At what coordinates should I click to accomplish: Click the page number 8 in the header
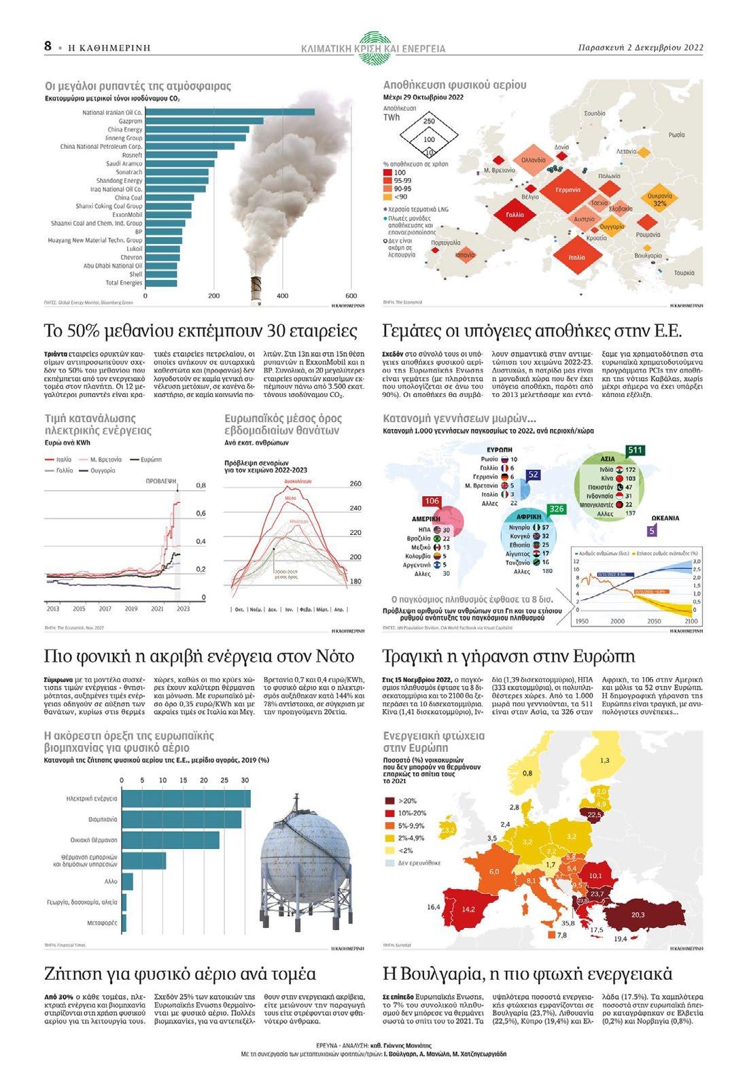(x=48, y=46)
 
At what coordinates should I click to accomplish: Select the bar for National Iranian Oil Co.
(x=230, y=112)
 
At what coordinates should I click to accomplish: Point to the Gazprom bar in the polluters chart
(x=204, y=121)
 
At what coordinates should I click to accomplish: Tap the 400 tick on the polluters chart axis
(x=283, y=296)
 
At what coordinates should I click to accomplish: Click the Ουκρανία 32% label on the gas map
(x=659, y=199)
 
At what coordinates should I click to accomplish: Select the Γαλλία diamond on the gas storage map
(x=515, y=215)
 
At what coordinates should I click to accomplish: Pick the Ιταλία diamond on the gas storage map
(x=576, y=257)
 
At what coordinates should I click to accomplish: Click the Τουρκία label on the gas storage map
(x=684, y=273)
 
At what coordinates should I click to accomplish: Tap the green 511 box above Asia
(x=635, y=450)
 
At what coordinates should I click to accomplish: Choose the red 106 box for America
(x=432, y=501)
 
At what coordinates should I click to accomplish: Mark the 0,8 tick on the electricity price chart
(x=201, y=485)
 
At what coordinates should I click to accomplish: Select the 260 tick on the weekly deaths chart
(x=355, y=484)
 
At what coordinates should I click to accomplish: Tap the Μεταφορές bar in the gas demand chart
(x=123, y=922)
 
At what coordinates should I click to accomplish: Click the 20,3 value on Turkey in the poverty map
(x=638, y=914)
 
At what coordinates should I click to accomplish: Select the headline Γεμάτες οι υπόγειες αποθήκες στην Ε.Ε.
(x=532, y=331)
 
